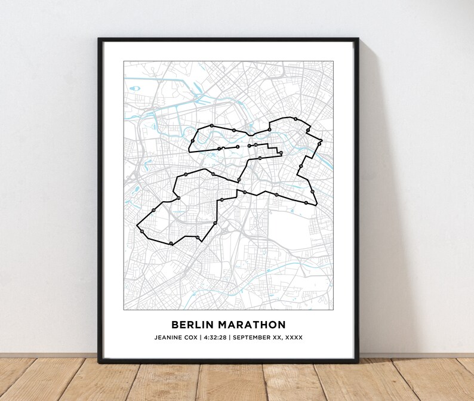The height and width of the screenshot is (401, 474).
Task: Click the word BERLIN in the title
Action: click(x=191, y=325)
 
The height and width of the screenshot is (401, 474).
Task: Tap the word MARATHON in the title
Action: click(x=251, y=325)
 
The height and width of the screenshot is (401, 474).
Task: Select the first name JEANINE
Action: click(x=171, y=338)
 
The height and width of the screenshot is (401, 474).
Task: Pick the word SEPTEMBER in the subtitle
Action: click(x=253, y=338)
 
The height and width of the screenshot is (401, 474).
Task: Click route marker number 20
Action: click(x=178, y=198)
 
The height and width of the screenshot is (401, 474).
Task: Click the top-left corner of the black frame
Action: click(x=99, y=39)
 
